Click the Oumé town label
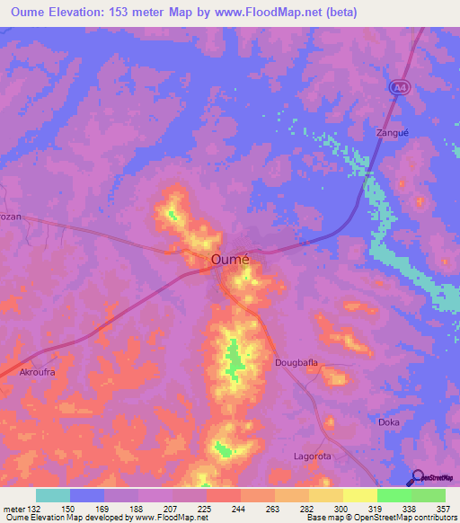(x=230, y=259)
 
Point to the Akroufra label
(x=38, y=370)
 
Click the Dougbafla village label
(x=296, y=364)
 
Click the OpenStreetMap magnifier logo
(x=417, y=477)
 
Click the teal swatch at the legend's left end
(x=53, y=495)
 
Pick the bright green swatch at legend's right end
(x=429, y=495)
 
